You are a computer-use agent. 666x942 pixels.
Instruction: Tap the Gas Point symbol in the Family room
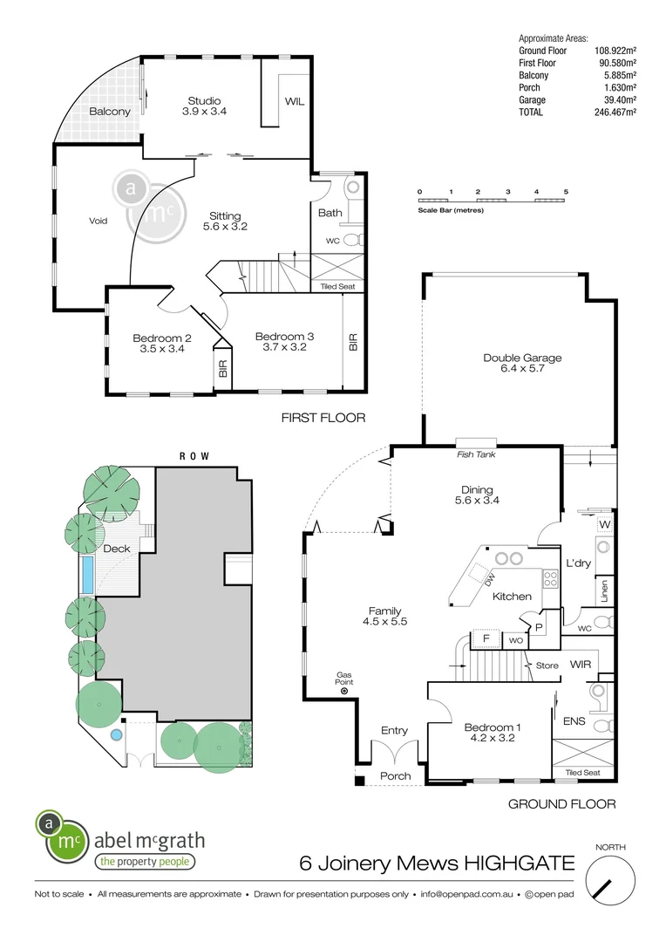click(x=344, y=691)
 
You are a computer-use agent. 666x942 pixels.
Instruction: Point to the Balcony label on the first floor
click(x=109, y=112)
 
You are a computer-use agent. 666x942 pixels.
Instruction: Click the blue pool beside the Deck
click(x=87, y=573)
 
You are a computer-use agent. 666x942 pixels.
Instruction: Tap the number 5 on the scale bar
click(x=567, y=191)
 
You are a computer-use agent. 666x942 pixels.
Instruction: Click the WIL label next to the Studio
click(x=294, y=101)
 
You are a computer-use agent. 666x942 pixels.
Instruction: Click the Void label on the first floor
click(x=99, y=221)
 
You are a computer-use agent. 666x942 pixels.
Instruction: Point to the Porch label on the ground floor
click(x=395, y=776)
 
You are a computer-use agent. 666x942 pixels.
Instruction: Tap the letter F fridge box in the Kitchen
click(x=485, y=639)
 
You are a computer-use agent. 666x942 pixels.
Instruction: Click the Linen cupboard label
click(x=603, y=590)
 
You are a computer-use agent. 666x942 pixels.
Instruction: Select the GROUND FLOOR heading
click(x=562, y=803)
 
